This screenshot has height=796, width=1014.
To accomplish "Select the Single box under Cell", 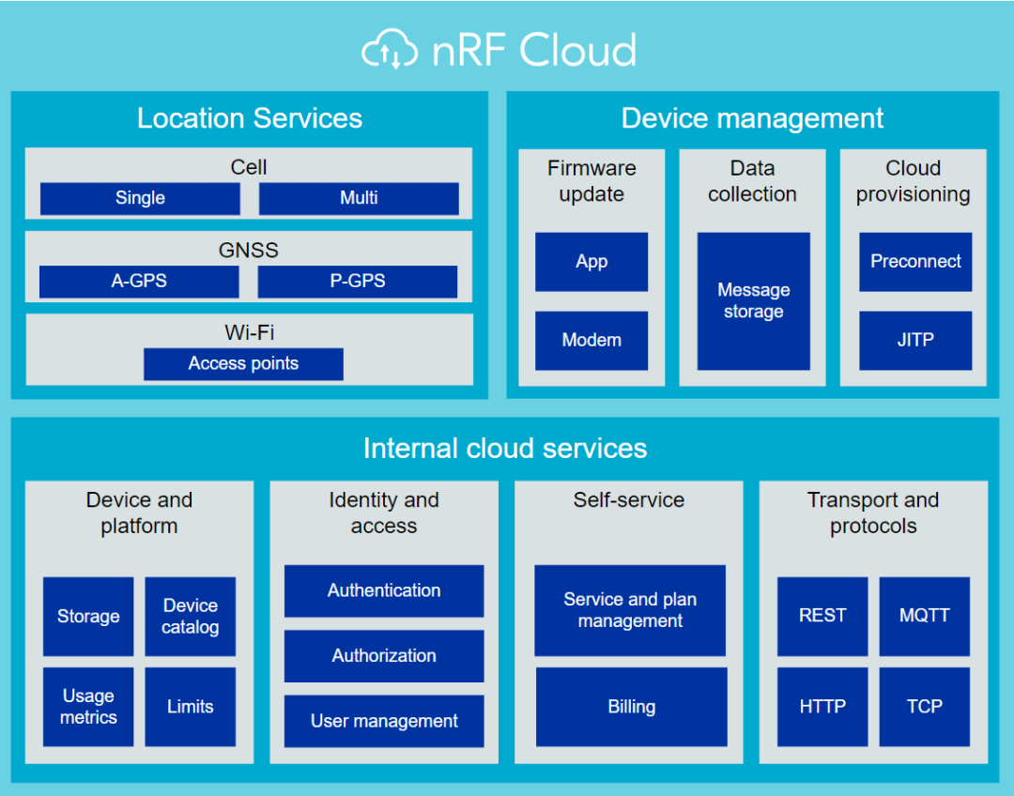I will tap(140, 198).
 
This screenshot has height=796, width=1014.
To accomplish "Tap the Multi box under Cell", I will tap(359, 198).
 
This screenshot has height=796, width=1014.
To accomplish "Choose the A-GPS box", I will tap(139, 281).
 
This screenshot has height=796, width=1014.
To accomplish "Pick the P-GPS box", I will tap(358, 281).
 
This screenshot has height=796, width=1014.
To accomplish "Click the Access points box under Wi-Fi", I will tap(243, 363).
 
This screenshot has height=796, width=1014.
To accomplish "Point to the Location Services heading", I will tap(249, 118).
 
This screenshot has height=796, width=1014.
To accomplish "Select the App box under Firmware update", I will tap(591, 262).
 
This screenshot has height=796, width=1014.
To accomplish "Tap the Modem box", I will tap(591, 340).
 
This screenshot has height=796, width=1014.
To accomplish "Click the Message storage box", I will tap(753, 301).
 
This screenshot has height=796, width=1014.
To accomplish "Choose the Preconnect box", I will tap(915, 262).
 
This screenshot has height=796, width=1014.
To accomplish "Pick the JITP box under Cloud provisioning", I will tap(915, 340).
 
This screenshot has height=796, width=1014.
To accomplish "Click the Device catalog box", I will tap(190, 617).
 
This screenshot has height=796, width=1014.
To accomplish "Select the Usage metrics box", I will tap(88, 707).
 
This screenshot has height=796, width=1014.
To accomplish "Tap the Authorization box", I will tap(384, 656).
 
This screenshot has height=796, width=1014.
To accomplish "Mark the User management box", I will tap(384, 721).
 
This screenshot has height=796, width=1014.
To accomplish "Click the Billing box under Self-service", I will tap(631, 707).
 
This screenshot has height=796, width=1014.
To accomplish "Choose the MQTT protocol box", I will tap(924, 616).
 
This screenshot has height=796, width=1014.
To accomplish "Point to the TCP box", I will tap(924, 707).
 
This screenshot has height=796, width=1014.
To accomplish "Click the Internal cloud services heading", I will tap(505, 449).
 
